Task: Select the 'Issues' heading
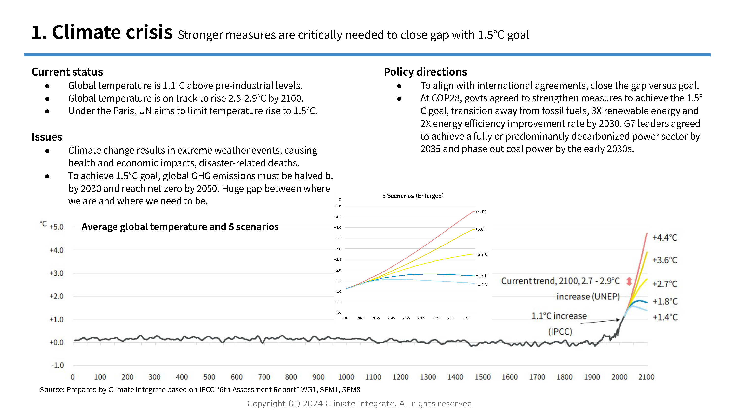pyautogui.click(x=47, y=137)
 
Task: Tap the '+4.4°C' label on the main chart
pyautogui.click(x=665, y=238)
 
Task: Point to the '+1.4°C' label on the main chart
pyautogui.click(x=665, y=317)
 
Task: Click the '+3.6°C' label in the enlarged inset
pyautogui.click(x=481, y=229)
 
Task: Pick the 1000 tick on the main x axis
pyautogui.click(x=346, y=377)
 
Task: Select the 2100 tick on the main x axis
pyautogui.click(x=646, y=377)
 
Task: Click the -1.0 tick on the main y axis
pyautogui.click(x=57, y=365)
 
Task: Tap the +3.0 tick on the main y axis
pyautogui.click(x=56, y=273)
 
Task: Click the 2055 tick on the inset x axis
pyautogui.click(x=406, y=318)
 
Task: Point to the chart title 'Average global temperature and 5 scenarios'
pyautogui.click(x=180, y=227)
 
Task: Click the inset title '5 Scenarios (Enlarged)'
pyautogui.click(x=413, y=196)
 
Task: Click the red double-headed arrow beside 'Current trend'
pyautogui.click(x=629, y=281)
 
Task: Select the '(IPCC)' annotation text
pyautogui.click(x=560, y=332)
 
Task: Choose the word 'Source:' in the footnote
pyautogui.click(x=52, y=390)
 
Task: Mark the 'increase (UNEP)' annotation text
pyautogui.click(x=588, y=297)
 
